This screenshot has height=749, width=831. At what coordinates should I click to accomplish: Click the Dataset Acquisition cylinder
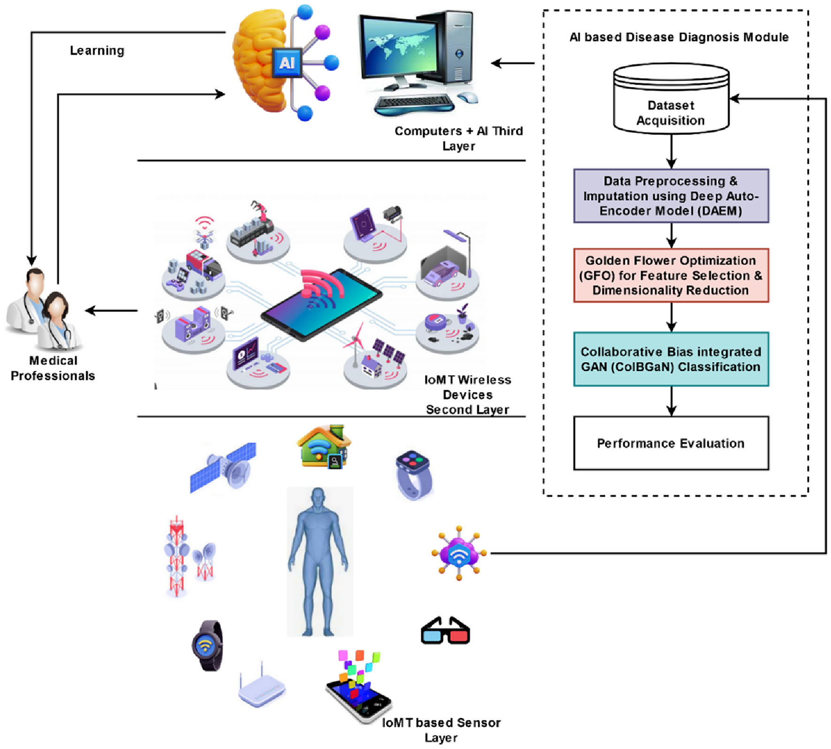coord(671,99)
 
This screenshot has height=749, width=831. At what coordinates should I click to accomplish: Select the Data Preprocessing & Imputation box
coord(671,196)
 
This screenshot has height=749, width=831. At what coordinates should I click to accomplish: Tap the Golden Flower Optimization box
coord(671,275)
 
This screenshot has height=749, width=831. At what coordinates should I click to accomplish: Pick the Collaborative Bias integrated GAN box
coord(671,359)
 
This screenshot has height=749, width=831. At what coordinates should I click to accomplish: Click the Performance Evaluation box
coord(671,443)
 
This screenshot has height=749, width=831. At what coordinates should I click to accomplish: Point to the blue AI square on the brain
coord(287,62)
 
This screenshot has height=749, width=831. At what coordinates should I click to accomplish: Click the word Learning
coord(97,50)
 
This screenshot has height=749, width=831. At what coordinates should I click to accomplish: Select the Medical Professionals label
coord(53,368)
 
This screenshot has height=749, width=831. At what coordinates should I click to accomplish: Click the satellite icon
coord(223,467)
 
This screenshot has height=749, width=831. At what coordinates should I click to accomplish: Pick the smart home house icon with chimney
coord(324,447)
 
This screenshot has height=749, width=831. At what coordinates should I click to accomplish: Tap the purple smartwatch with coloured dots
coord(414,475)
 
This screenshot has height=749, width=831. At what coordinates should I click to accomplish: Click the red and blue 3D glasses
coord(445,630)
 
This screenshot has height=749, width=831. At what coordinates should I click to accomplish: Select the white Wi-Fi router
coord(262,686)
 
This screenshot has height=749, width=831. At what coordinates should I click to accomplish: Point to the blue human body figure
coord(319,562)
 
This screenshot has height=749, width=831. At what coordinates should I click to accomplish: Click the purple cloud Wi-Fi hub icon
coord(459,554)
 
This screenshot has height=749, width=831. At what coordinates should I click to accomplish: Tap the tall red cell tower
coord(177,556)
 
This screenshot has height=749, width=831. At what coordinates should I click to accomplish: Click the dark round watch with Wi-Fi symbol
coord(208,646)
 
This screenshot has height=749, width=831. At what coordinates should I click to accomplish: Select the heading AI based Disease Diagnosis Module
coord(679,37)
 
